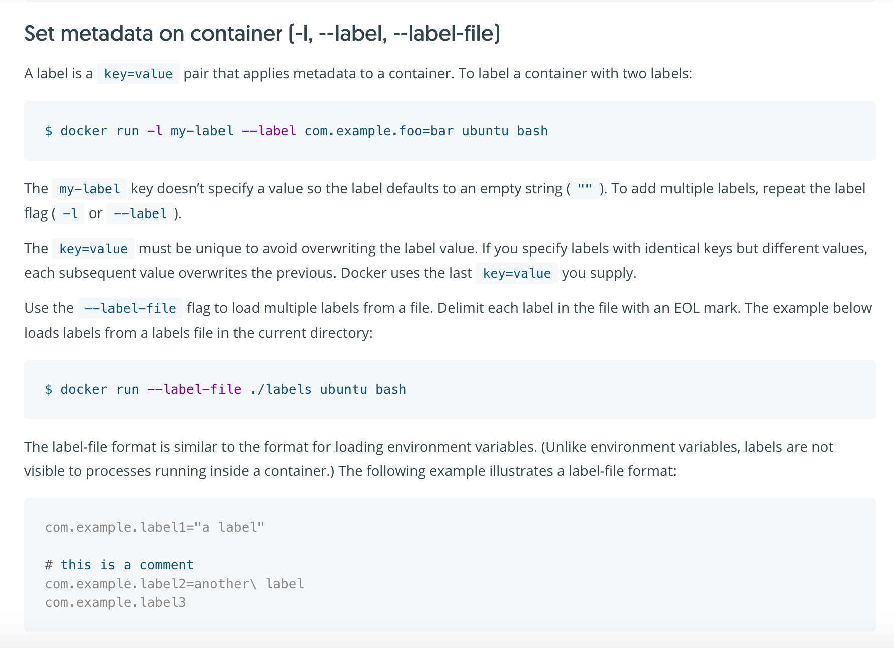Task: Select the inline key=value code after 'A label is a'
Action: click(138, 74)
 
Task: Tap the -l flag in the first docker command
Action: click(155, 131)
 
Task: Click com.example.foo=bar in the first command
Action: click(379, 131)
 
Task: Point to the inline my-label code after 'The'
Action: click(89, 189)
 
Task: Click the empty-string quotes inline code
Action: click(585, 189)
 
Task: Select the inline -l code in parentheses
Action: click(70, 214)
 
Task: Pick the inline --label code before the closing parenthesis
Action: click(140, 214)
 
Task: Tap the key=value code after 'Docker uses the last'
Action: click(517, 274)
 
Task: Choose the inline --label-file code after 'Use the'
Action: click(131, 308)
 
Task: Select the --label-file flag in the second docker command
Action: click(194, 390)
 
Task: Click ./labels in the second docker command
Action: click(281, 390)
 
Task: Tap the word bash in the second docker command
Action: click(391, 390)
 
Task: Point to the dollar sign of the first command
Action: click(49, 131)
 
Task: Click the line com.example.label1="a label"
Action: click(155, 528)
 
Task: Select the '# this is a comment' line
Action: click(120, 565)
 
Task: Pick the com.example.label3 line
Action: click(116, 603)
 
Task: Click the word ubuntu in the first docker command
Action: click(485, 131)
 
